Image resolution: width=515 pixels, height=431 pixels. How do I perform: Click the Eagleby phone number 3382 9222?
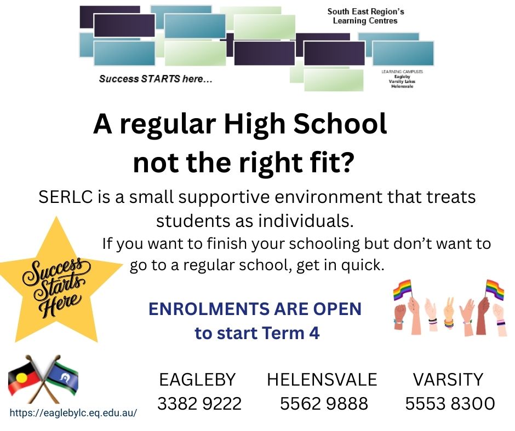tap(199, 404)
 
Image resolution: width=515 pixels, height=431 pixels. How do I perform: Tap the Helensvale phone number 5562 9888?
tap(324, 404)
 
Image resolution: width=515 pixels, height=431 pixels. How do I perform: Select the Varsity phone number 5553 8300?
tap(450, 404)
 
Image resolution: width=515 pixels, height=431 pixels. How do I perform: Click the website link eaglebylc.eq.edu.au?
tap(73, 412)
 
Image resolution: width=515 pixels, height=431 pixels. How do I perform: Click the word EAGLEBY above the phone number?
tap(197, 380)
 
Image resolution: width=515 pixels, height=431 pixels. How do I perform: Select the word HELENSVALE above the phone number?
tap(322, 380)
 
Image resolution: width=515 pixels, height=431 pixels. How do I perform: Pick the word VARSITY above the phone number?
tap(448, 380)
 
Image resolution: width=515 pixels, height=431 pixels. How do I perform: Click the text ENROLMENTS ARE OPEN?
tap(255, 309)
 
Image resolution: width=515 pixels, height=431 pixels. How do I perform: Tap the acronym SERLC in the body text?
tap(65, 197)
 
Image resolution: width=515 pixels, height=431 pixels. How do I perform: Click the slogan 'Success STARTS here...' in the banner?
tap(156, 79)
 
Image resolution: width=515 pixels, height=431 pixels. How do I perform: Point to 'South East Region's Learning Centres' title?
tap(365, 16)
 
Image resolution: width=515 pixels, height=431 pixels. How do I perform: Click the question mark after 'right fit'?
tap(347, 162)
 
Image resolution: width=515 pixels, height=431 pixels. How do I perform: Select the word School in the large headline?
tap(340, 124)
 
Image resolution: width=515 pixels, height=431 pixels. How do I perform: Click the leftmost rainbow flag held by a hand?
tap(402, 289)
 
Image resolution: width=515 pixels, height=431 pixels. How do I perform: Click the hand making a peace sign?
tap(449, 313)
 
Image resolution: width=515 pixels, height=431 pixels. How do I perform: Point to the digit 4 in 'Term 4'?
tap(314, 333)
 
